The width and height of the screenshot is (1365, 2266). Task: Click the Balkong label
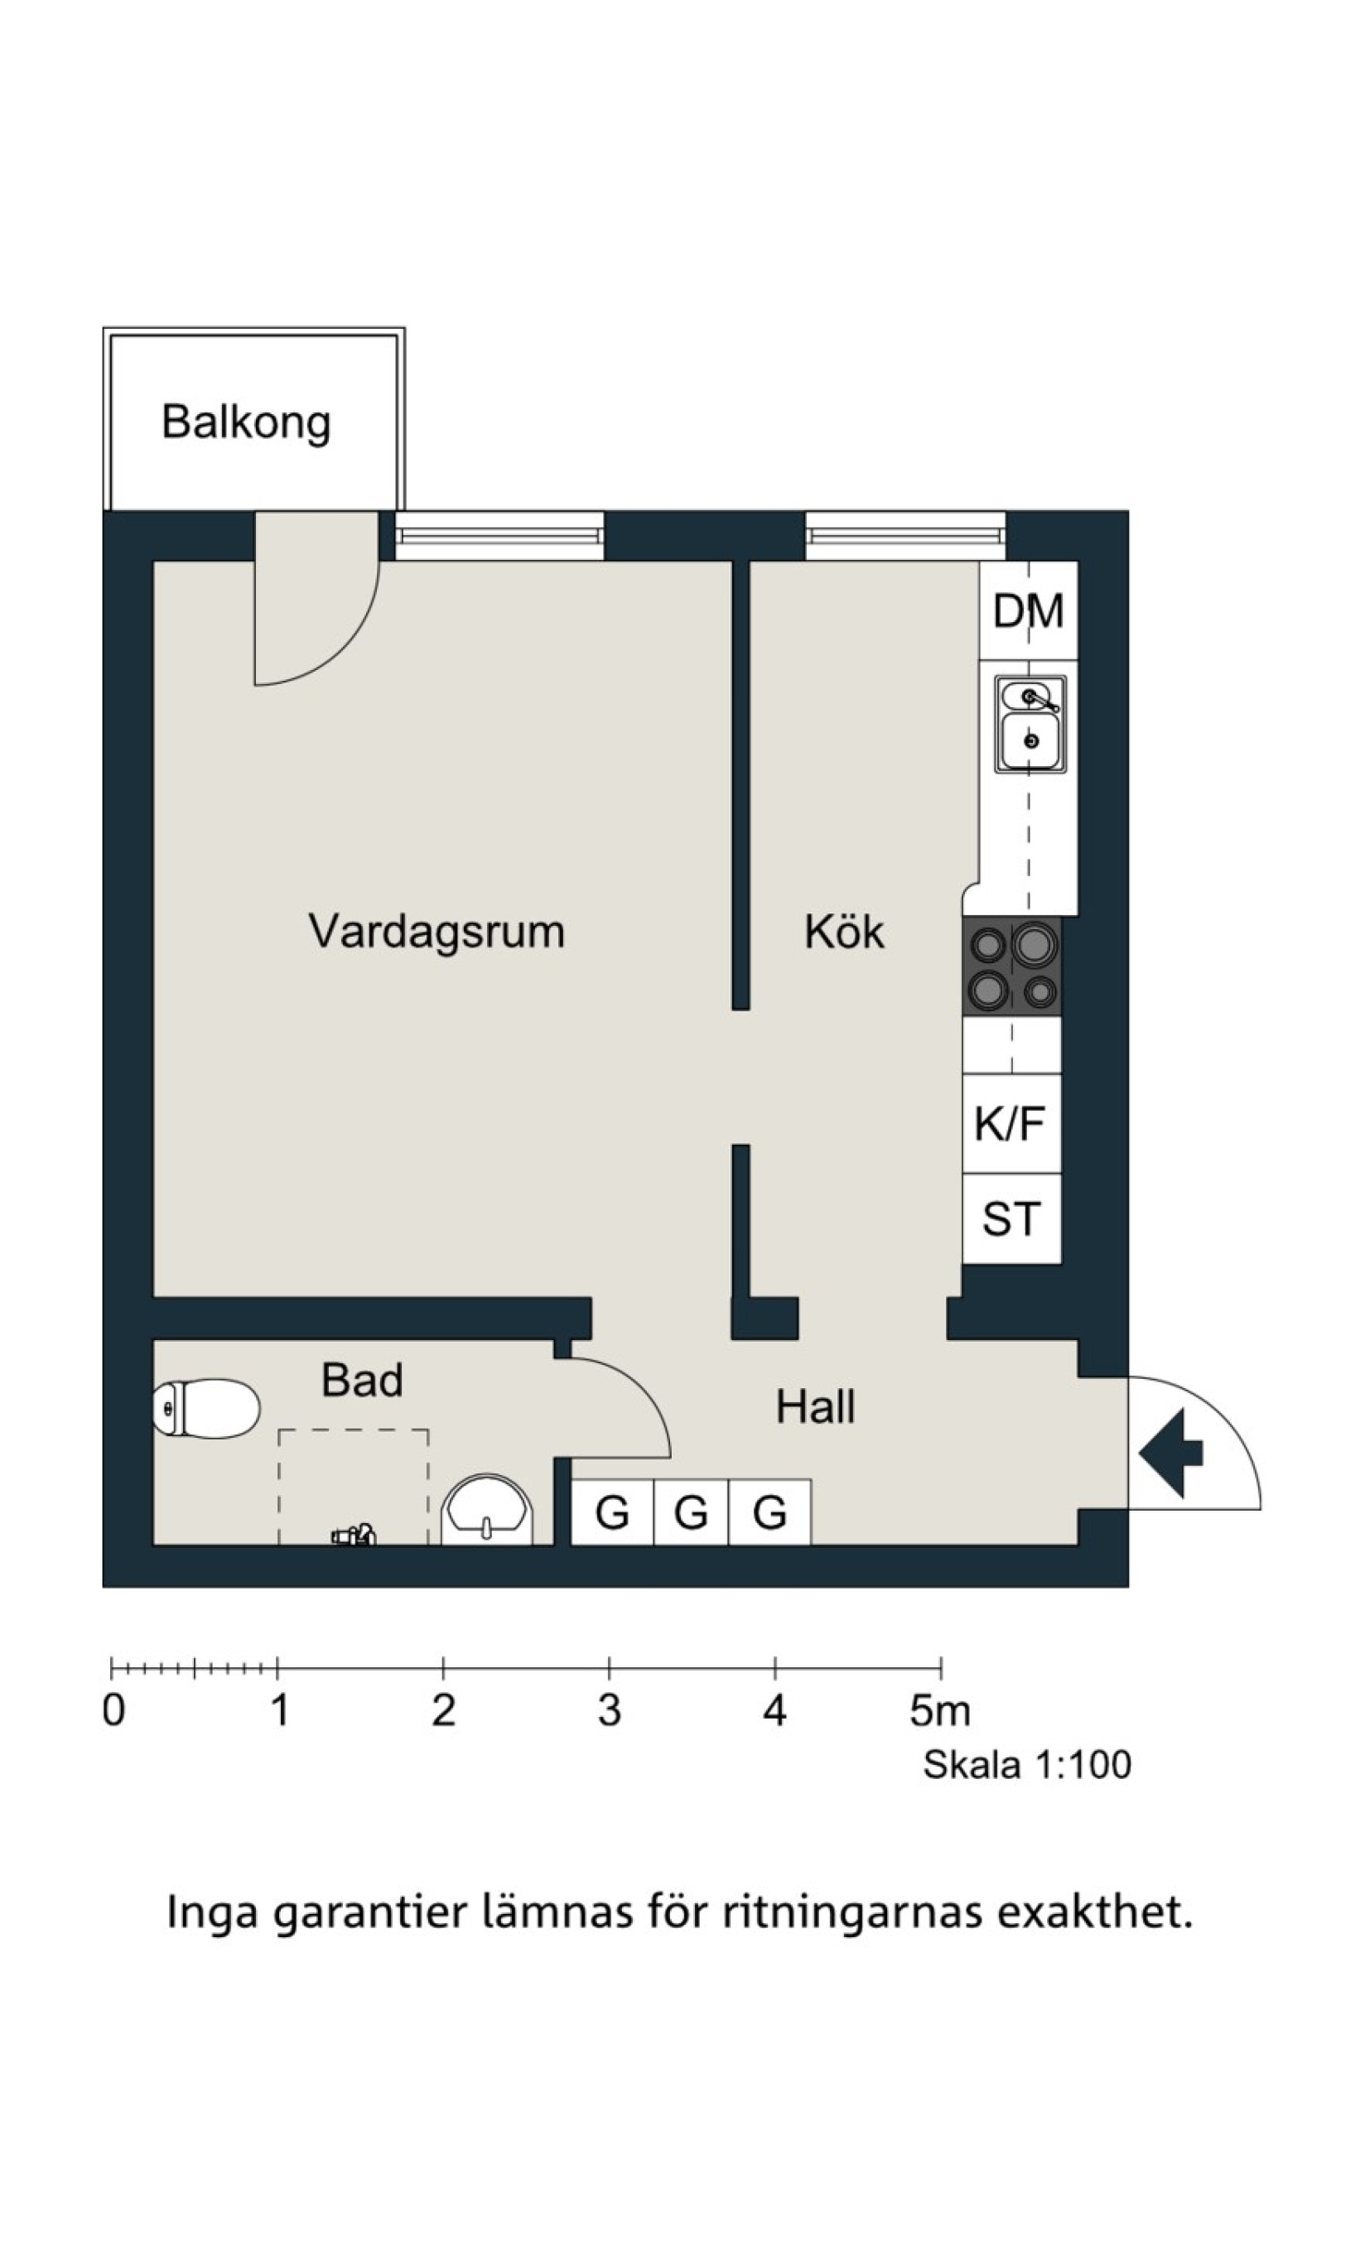246,424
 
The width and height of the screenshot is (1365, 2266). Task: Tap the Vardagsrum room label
436,933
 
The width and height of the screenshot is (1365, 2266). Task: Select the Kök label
843,932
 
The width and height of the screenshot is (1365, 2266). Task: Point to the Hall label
815,1407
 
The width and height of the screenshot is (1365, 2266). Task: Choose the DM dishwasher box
1029,610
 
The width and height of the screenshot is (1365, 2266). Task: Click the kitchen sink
1030,725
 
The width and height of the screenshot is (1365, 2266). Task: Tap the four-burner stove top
1012,966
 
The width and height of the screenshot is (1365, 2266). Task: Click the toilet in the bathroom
206,1409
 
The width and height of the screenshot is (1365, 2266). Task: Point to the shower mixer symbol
355,1535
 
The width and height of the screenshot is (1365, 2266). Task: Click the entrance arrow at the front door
1171,1453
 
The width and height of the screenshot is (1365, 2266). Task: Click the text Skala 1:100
1027,1765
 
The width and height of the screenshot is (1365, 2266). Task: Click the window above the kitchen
905,535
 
